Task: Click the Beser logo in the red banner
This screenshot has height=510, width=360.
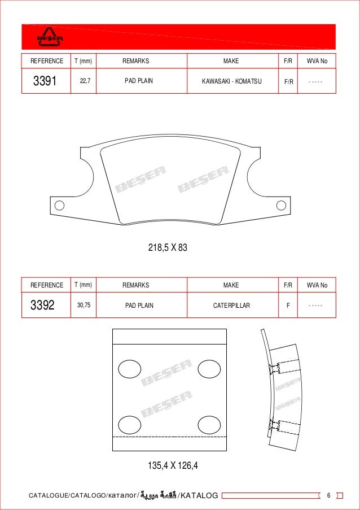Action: click(x=50, y=37)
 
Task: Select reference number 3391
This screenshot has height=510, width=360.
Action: click(x=45, y=81)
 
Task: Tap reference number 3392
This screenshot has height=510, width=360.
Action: click(x=42, y=306)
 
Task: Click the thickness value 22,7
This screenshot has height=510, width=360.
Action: click(x=85, y=81)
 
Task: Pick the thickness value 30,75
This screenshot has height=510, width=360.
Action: click(x=84, y=305)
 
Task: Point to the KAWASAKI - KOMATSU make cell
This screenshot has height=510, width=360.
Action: click(x=231, y=81)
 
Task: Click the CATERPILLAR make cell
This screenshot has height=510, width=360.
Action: click(x=231, y=306)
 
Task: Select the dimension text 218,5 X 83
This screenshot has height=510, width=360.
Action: click(x=168, y=247)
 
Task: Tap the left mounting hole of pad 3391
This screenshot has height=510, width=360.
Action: click(x=59, y=205)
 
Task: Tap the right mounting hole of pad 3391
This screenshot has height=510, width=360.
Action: click(x=280, y=205)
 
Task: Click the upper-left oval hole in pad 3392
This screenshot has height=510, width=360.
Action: click(x=129, y=369)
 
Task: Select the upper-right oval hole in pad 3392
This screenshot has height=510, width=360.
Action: click(x=209, y=369)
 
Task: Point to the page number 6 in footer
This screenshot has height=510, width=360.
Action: click(x=328, y=495)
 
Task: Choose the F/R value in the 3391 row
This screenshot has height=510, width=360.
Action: click(x=289, y=81)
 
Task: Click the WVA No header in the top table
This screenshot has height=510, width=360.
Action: click(x=317, y=60)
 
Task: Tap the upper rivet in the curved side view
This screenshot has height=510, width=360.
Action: click(x=275, y=368)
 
